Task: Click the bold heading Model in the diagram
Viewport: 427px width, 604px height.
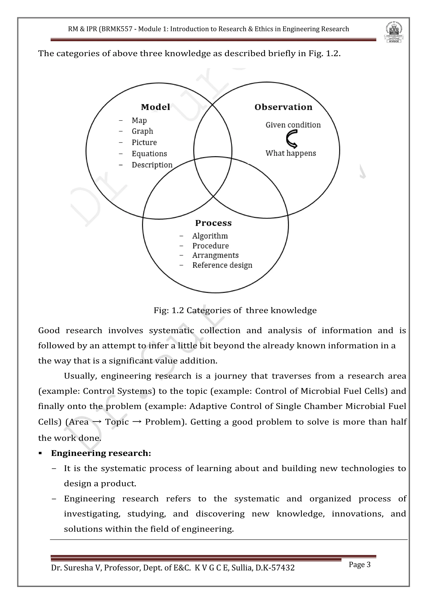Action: [155, 107]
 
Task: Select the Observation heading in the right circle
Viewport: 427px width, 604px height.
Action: [283, 107]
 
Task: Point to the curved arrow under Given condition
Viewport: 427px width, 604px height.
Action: [292, 139]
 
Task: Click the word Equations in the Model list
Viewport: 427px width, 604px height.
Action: [149, 154]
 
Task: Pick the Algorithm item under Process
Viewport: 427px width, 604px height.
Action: [210, 236]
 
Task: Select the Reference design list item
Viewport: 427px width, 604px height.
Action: [222, 265]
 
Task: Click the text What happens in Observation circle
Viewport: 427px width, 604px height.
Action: [290, 153]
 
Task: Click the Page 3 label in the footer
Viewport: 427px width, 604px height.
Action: [359, 565]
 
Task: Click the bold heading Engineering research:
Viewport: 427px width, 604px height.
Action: [101, 453]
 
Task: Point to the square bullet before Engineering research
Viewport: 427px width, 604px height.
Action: [40, 453]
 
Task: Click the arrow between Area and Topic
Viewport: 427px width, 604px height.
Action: [97, 422]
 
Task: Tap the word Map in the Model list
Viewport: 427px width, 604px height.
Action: [139, 121]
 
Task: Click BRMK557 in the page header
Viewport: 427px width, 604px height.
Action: [117, 29]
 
